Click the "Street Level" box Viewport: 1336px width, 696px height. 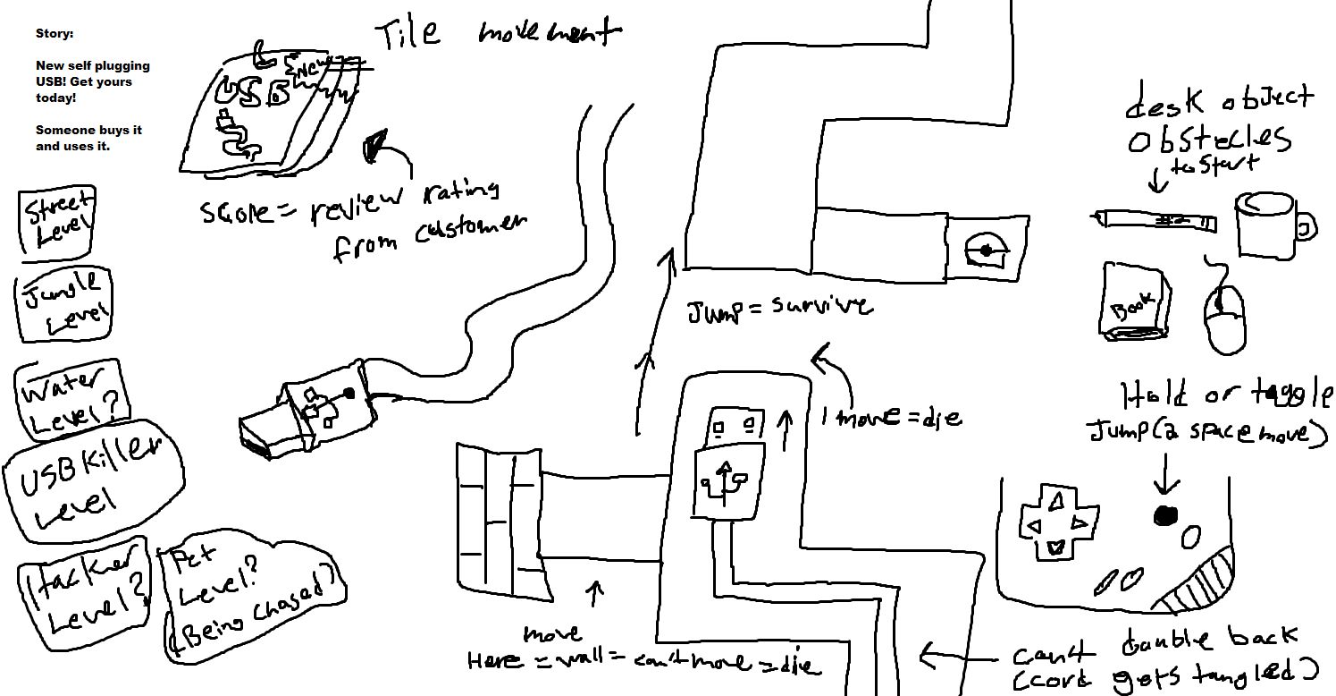(57, 223)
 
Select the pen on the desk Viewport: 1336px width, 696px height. (1154, 219)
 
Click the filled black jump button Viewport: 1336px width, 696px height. (1166, 515)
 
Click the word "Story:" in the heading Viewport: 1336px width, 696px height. (55, 34)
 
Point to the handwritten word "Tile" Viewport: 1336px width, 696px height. (408, 34)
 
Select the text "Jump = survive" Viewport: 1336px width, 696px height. (778, 310)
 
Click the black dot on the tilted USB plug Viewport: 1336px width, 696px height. (349, 393)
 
